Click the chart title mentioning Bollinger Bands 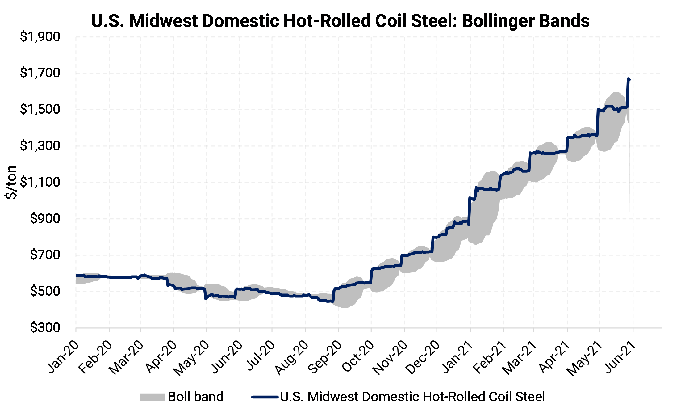pyautogui.click(x=340, y=21)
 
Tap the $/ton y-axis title pyautogui.click(x=11, y=182)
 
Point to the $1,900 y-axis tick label pyautogui.click(x=40, y=37)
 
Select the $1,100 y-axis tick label pyautogui.click(x=40, y=182)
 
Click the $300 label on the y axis pyautogui.click(x=45, y=327)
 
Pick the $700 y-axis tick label pyautogui.click(x=45, y=255)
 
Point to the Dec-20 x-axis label pyautogui.click(x=423, y=357)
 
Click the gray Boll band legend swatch pyautogui.click(x=152, y=397)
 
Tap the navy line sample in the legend pyautogui.click(x=265, y=397)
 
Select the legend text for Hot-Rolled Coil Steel pyautogui.click(x=412, y=397)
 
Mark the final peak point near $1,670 pyautogui.click(x=629, y=79)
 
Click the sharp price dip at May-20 pyautogui.click(x=206, y=299)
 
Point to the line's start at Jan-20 pyautogui.click(x=76, y=275)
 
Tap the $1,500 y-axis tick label pyautogui.click(x=40, y=109)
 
